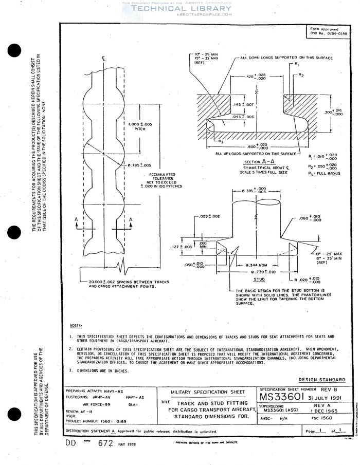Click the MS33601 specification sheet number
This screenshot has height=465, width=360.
pyautogui.click(x=285, y=397)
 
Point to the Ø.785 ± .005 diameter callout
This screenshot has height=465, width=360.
pyautogui.click(x=139, y=165)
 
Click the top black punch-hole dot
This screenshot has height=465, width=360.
pyautogui.click(x=15, y=52)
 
